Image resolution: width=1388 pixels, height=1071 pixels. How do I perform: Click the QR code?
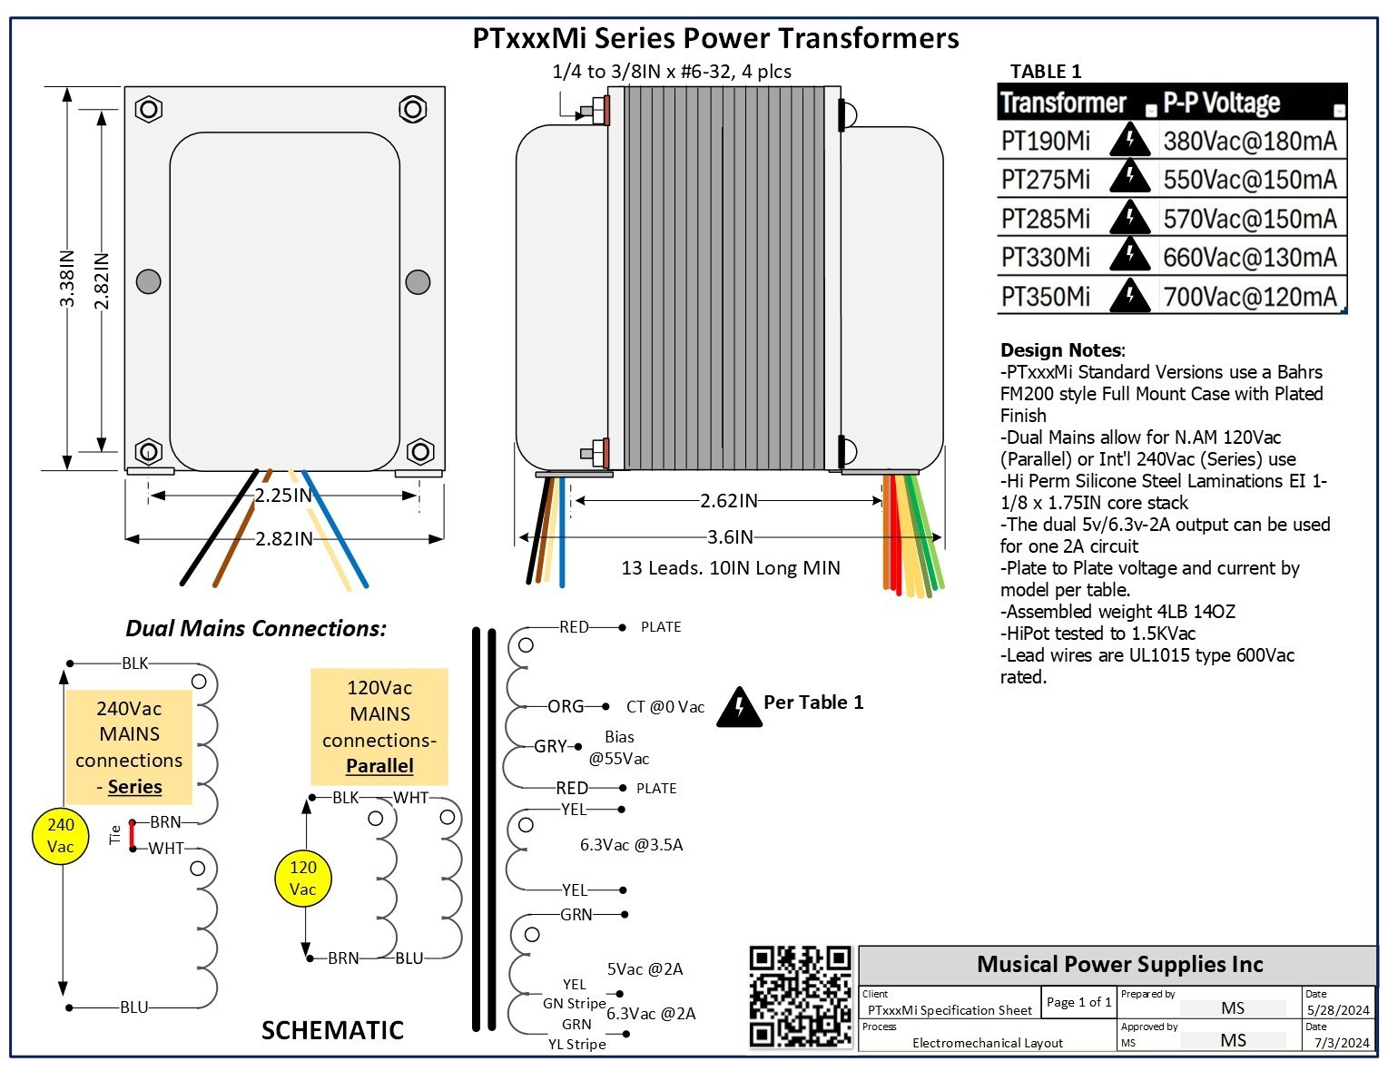click(800, 997)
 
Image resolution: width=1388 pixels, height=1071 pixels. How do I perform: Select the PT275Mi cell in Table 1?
click(1045, 180)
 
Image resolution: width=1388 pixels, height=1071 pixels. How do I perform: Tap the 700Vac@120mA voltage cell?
click(1249, 297)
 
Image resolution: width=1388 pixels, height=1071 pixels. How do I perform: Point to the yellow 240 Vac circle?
click(61, 836)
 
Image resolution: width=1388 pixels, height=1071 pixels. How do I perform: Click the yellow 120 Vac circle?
click(302, 879)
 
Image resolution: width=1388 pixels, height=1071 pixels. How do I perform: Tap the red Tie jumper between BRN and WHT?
click(133, 835)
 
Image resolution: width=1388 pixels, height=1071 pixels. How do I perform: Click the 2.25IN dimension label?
click(282, 496)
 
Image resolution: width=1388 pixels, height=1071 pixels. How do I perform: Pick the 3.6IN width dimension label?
click(730, 537)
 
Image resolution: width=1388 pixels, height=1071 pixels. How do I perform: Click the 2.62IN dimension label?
click(728, 501)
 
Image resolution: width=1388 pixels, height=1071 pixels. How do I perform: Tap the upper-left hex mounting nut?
click(149, 110)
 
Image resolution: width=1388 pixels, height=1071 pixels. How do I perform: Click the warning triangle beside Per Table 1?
click(739, 708)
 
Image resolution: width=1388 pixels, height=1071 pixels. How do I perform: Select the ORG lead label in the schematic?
click(566, 706)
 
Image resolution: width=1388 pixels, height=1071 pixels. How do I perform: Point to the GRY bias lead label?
click(550, 746)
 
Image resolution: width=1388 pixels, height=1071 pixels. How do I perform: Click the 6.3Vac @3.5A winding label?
click(631, 845)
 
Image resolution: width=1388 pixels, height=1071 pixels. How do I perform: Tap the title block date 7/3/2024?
click(1342, 1043)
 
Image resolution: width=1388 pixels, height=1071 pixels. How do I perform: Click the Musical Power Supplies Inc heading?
click(1119, 964)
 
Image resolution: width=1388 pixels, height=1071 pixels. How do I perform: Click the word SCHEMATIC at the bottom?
click(332, 1031)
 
